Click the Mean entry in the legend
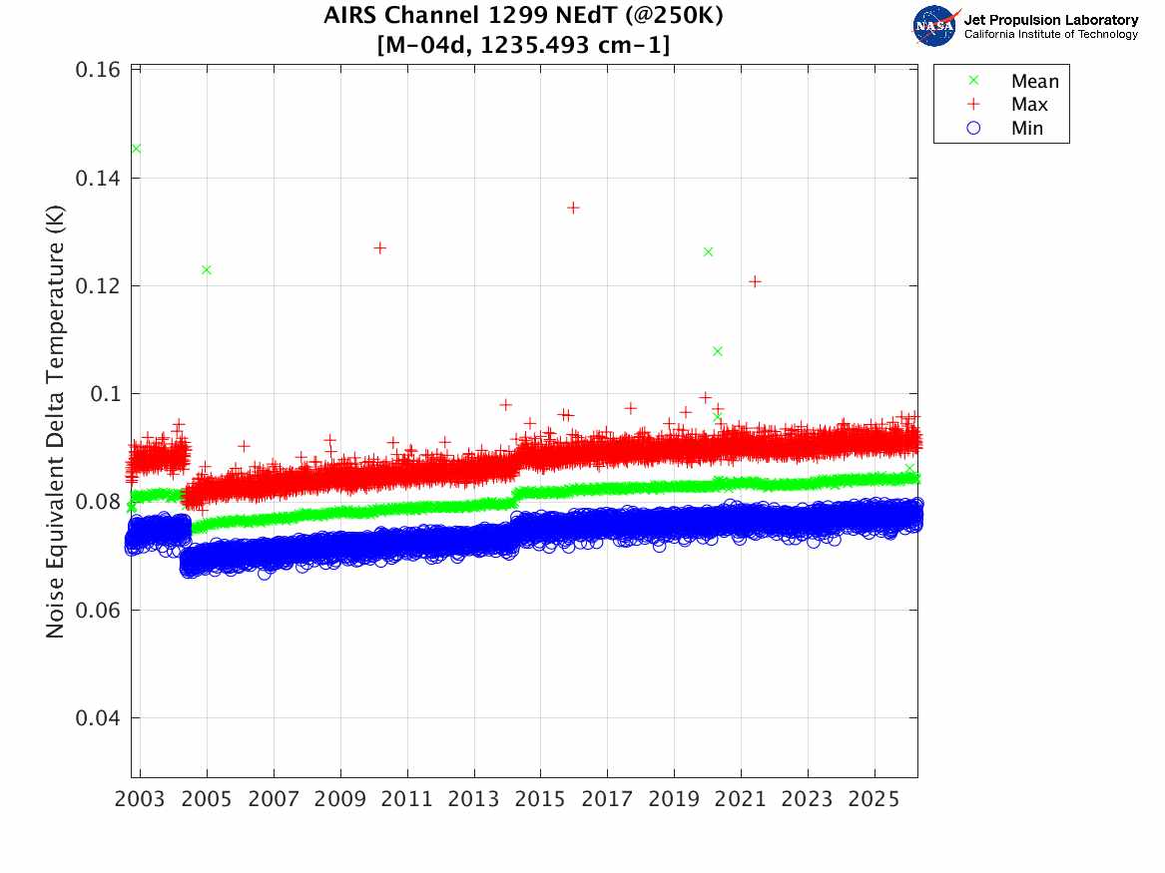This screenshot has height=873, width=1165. (1033, 81)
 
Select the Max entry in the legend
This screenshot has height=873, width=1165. (1028, 105)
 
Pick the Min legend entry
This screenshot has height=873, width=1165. (1026, 129)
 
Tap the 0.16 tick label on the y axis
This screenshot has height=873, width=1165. (98, 70)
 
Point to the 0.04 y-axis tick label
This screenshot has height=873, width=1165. (98, 718)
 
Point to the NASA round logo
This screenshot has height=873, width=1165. (935, 26)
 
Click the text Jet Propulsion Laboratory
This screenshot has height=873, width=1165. (1050, 19)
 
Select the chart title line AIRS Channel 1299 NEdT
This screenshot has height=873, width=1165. (523, 17)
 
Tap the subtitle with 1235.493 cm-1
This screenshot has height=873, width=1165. (523, 46)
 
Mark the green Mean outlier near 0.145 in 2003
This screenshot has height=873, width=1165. (136, 149)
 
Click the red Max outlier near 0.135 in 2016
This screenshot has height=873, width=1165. (573, 208)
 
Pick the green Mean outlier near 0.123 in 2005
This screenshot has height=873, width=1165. (207, 269)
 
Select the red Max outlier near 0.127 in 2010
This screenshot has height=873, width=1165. (379, 247)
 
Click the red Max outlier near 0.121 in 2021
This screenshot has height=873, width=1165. (755, 281)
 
